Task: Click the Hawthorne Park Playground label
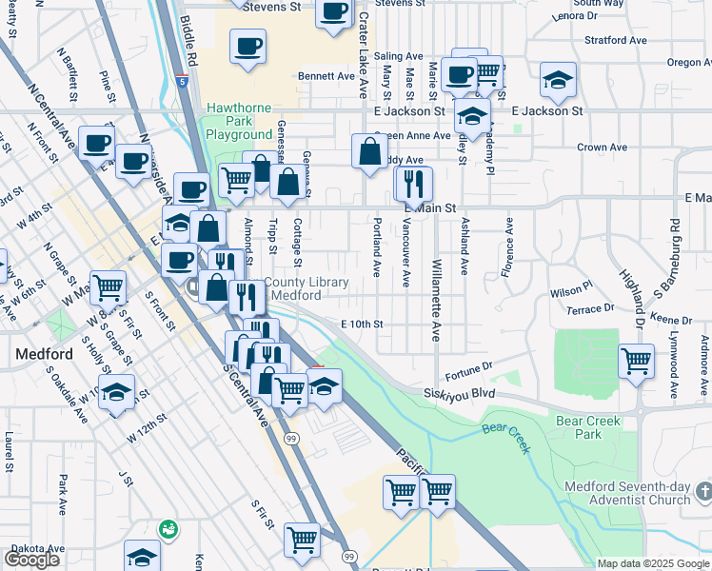[x=239, y=122]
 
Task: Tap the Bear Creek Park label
[x=588, y=427]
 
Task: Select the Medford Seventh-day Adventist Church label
[x=626, y=493]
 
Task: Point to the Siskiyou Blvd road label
[x=462, y=393]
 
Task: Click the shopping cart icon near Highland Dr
[x=636, y=361]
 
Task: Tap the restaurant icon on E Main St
[x=413, y=183]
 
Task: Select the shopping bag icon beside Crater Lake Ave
[x=369, y=150]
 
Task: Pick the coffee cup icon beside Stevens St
[x=333, y=12]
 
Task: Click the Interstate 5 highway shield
[x=181, y=82]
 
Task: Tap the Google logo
[x=31, y=559]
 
